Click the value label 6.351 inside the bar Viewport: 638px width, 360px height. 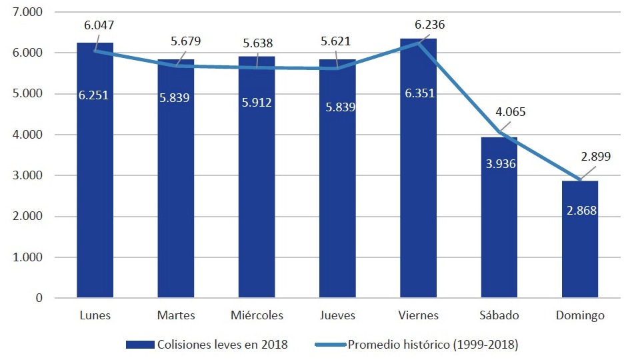tap(419, 94)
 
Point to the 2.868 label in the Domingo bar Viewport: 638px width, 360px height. tap(579, 211)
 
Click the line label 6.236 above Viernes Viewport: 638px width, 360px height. tap(429, 25)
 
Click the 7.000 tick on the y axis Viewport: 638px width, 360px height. tap(28, 12)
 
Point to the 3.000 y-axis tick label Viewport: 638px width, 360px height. tap(28, 176)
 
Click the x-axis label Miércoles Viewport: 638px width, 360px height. tap(257, 315)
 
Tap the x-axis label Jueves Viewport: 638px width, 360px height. tap(337, 315)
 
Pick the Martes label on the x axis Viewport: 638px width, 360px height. tap(176, 315)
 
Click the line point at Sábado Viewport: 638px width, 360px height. tap(499, 131)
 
